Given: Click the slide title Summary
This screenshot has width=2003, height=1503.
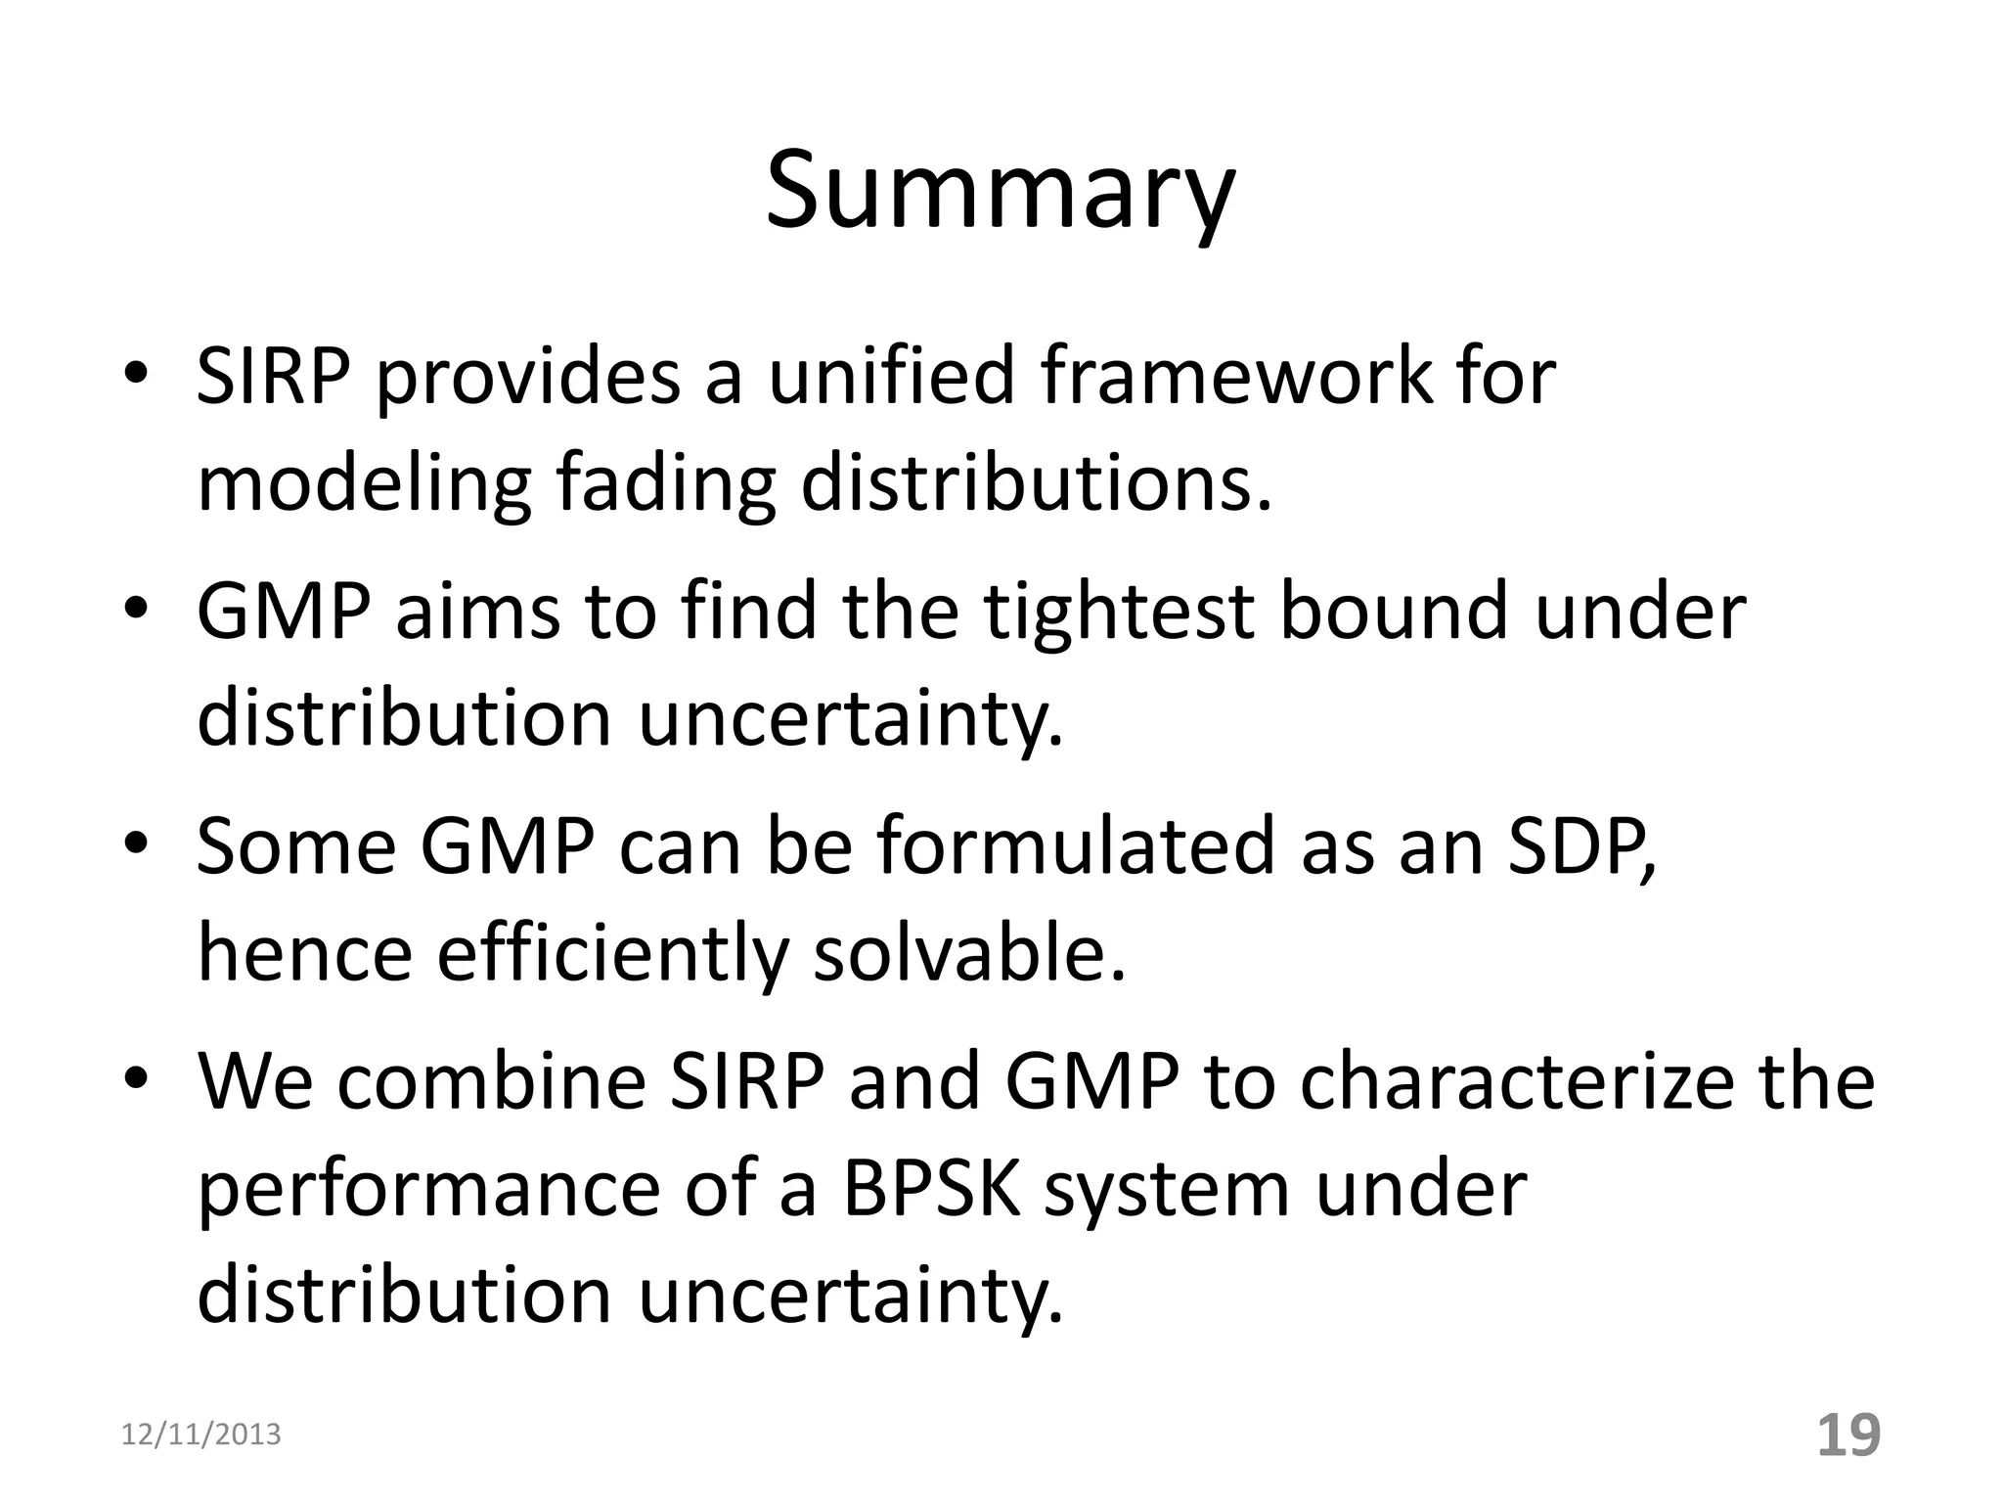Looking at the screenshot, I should pos(1000,191).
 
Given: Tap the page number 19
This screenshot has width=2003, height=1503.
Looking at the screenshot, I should pos(1848,1435).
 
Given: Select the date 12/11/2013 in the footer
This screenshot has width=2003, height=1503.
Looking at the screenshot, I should pos(200,1435).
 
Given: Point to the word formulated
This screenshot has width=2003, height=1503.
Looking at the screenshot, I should pos(1077,846).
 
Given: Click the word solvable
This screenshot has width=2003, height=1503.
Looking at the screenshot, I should pos(969,954).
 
